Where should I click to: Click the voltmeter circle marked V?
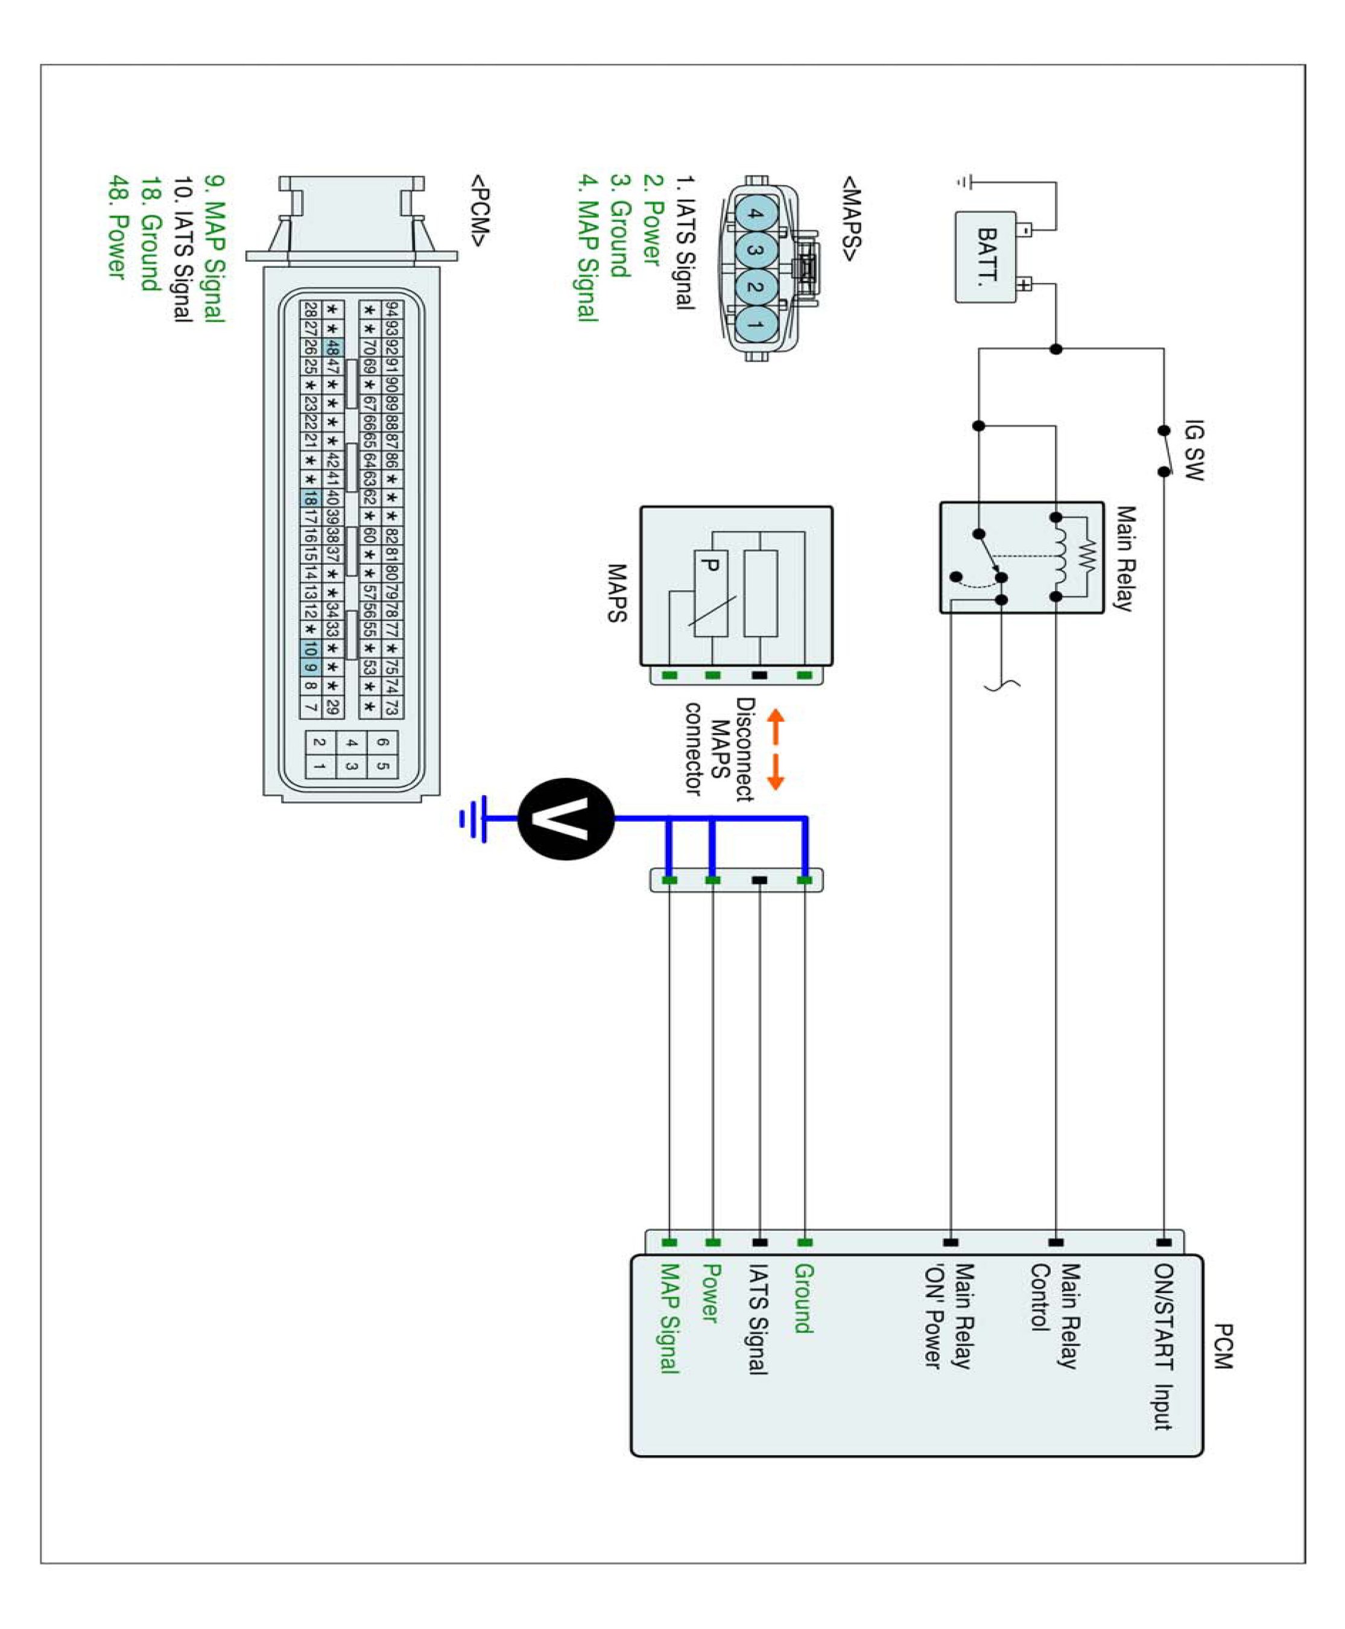tap(566, 818)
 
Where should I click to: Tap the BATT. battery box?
tap(986, 256)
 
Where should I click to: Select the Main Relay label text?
tap(1125, 557)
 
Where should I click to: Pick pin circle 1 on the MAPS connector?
tap(755, 324)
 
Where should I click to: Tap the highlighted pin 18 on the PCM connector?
tap(310, 498)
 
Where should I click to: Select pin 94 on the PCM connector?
tap(392, 310)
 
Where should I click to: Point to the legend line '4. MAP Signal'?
tap(588, 248)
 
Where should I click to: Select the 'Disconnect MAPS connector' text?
tap(721, 748)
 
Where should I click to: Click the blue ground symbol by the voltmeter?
tap(474, 818)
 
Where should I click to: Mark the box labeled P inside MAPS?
tap(710, 594)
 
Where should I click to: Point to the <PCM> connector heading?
tap(479, 210)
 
